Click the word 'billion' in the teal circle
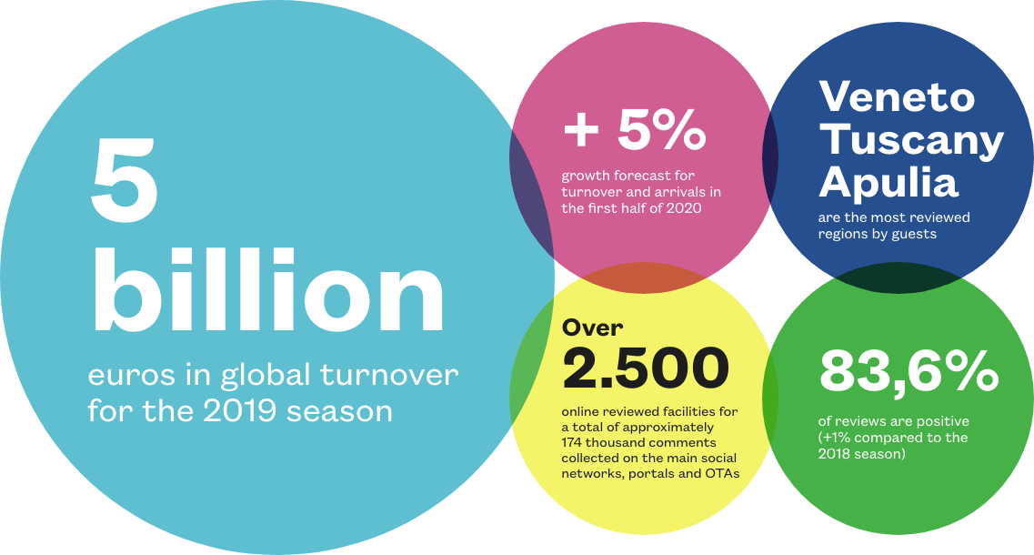pyautogui.click(x=268, y=289)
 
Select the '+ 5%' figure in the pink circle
pyautogui.click(x=635, y=128)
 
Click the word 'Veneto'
pyautogui.click(x=897, y=96)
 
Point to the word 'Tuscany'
pyautogui.click(x=910, y=141)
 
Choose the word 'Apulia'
pyautogui.click(x=888, y=181)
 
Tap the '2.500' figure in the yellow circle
pyautogui.click(x=646, y=368)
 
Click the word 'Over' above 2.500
pyautogui.click(x=592, y=328)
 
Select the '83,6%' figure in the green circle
pyautogui.click(x=909, y=371)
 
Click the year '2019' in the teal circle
pyautogui.click(x=239, y=410)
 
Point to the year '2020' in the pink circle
pyautogui.click(x=684, y=208)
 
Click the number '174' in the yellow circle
pyautogui.click(x=572, y=443)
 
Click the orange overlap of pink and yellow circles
pyautogui.click(x=644, y=277)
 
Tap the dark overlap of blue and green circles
pyautogui.click(x=897, y=277)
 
